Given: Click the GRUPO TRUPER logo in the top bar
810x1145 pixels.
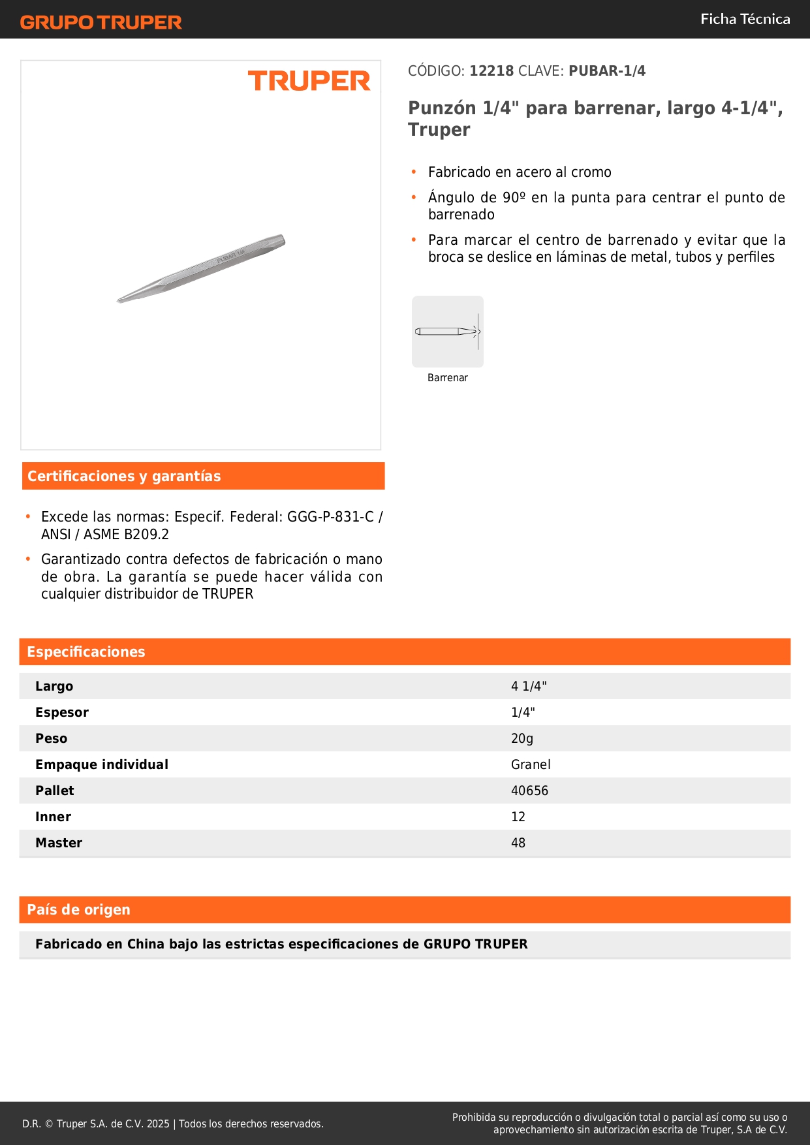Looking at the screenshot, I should (x=101, y=22).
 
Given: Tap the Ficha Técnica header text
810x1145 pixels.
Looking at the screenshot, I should (x=745, y=20).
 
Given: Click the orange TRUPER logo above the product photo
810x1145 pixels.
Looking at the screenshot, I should (x=309, y=81).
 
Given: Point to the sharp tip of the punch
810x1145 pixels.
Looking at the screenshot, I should (x=119, y=300).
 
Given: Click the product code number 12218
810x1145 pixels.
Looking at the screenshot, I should (x=491, y=71).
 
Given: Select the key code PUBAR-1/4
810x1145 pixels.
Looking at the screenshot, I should (x=607, y=71).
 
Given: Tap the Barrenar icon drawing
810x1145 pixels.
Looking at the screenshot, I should (x=448, y=332).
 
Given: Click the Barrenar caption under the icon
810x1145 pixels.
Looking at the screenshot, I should (x=448, y=378).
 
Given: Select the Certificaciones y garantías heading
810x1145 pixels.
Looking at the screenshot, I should (x=124, y=477).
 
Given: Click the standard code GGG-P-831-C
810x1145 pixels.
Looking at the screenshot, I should (x=330, y=517).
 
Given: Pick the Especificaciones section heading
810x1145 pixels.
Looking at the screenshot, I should (x=86, y=652).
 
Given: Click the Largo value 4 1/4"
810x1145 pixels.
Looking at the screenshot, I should (x=529, y=686).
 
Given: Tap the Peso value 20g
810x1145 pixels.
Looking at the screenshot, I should (x=522, y=738).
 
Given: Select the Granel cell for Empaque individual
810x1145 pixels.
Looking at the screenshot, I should (x=531, y=764).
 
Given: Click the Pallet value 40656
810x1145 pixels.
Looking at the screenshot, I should (x=529, y=791).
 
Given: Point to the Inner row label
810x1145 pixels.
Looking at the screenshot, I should (x=54, y=817).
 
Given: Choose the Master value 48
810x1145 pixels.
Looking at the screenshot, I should (x=518, y=843).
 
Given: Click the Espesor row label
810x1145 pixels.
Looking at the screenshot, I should (x=62, y=712).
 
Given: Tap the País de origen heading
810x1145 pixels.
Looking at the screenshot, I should (x=78, y=910).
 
